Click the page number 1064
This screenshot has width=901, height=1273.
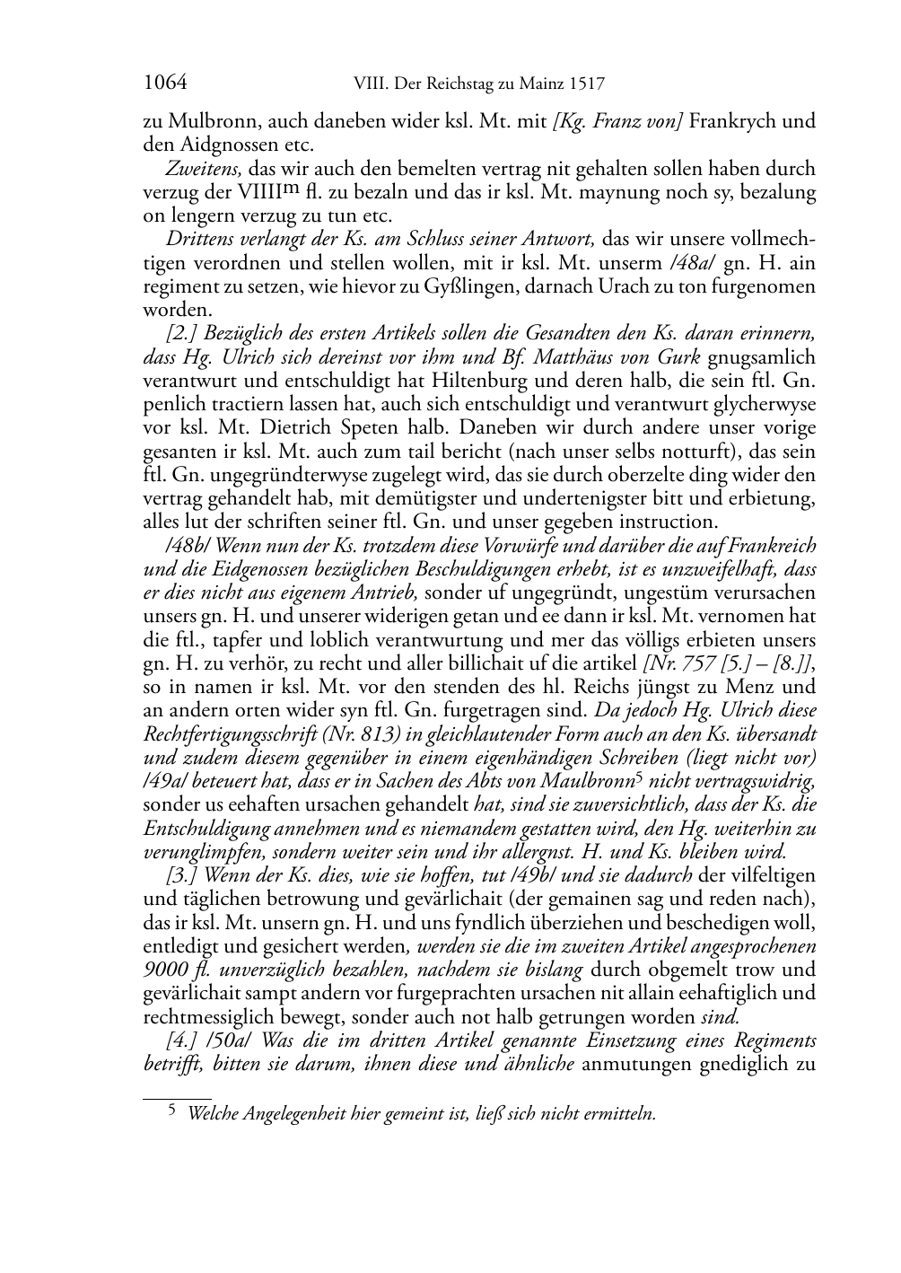click(x=165, y=84)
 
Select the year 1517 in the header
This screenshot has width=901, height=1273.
click(x=585, y=84)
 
